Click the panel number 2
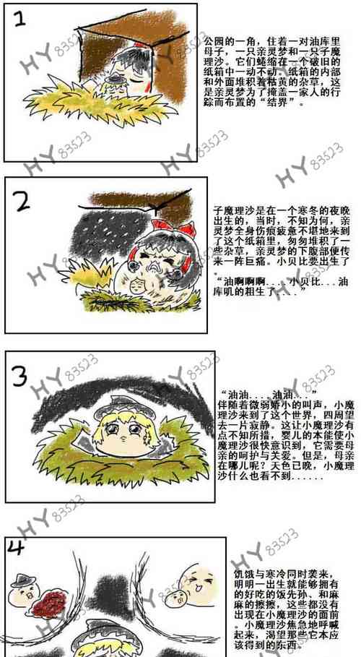click(21, 201)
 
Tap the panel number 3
click(22, 377)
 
